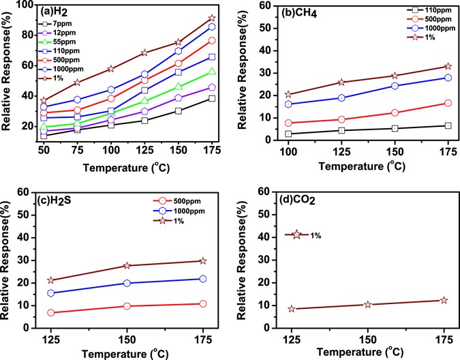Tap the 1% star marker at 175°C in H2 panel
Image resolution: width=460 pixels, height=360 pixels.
pos(212,18)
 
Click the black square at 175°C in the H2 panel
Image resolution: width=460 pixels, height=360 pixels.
pos(212,98)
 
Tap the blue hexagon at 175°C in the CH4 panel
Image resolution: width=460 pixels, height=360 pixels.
pos(448,78)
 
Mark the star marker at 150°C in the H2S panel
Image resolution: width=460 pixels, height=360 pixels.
pos(126,265)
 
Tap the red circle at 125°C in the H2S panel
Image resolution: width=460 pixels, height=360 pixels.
pos(50,313)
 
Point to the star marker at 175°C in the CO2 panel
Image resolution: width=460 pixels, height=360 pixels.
pos(444,300)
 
